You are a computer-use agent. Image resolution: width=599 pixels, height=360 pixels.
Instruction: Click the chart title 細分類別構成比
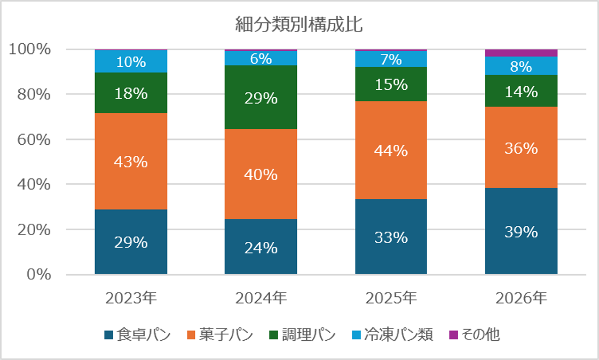(x=299, y=25)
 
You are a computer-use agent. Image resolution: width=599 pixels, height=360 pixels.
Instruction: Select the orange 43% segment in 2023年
(x=131, y=161)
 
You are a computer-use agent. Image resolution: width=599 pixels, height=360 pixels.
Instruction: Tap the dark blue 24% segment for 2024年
(x=261, y=246)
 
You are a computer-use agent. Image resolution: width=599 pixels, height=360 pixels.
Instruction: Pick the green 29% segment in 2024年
(x=261, y=97)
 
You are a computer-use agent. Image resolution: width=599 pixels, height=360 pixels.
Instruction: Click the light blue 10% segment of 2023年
(x=131, y=61)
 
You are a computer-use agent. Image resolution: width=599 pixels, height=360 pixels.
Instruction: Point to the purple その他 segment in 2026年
(x=521, y=53)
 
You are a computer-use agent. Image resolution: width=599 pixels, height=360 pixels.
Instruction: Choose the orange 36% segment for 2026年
(x=521, y=147)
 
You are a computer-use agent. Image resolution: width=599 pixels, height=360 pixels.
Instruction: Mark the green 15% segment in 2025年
(x=391, y=84)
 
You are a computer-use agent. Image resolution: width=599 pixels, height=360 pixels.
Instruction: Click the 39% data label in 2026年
(x=521, y=232)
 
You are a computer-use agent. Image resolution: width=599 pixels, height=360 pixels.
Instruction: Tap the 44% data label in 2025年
(x=391, y=151)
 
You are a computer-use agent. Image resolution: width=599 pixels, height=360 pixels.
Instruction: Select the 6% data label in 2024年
(x=261, y=58)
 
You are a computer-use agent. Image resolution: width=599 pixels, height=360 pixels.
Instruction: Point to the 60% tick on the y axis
(x=34, y=139)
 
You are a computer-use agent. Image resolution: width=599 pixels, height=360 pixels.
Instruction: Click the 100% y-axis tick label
(x=30, y=49)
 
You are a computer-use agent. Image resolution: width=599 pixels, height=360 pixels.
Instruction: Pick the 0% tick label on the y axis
(x=39, y=275)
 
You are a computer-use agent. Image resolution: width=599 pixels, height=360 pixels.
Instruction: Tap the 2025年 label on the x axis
(x=391, y=298)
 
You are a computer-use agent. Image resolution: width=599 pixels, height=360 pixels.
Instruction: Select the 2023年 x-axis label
(x=131, y=298)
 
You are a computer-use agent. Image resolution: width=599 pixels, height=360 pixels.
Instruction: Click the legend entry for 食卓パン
(x=138, y=334)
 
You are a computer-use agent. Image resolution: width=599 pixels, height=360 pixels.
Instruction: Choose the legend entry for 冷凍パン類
(x=392, y=334)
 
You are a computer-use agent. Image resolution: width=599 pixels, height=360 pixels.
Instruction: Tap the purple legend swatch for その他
(x=453, y=335)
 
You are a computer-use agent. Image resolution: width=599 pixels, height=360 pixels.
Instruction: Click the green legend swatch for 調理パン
(x=273, y=335)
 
